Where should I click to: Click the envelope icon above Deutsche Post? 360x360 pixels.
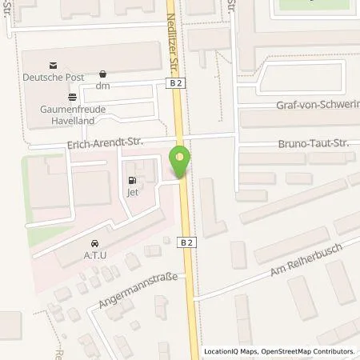53,65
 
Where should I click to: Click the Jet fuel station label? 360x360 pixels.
132,192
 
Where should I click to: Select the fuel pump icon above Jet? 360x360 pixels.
132,180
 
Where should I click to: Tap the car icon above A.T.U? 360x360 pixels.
95,243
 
